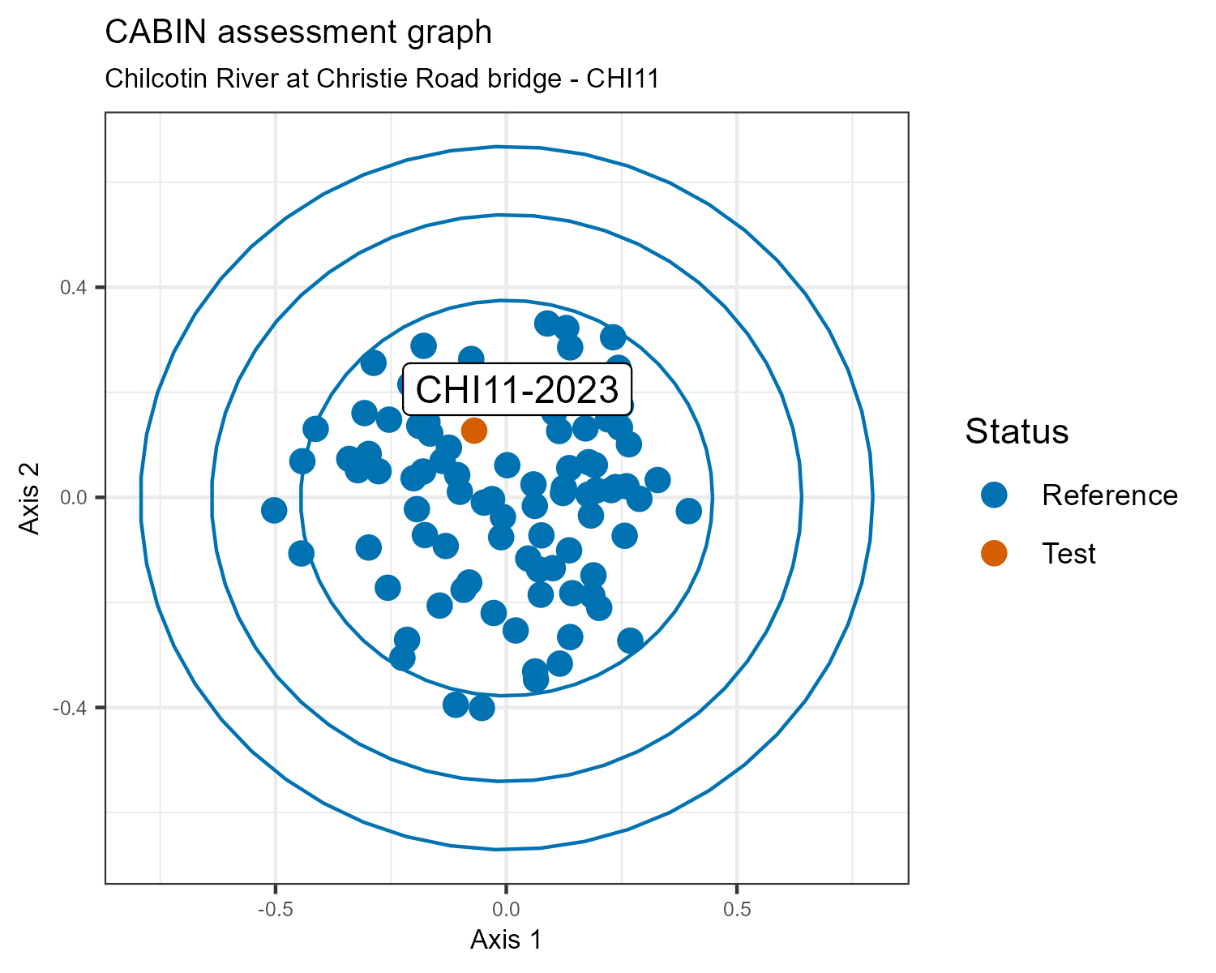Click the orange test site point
click(x=473, y=430)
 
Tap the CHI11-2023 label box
click(x=517, y=390)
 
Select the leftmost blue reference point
click(x=274, y=510)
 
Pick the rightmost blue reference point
click(x=688, y=511)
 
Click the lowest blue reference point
click(x=482, y=708)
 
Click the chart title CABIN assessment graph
click(x=298, y=32)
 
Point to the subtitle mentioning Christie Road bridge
click(x=381, y=79)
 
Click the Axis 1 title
click(x=506, y=940)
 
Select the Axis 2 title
click(x=29, y=497)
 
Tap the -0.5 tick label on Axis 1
click(x=275, y=910)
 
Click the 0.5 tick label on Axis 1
click(x=736, y=910)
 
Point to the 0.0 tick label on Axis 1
click(x=506, y=910)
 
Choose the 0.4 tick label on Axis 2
click(x=74, y=287)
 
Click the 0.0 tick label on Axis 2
click(x=74, y=497)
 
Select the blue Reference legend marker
click(x=993, y=495)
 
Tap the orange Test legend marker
click(x=993, y=553)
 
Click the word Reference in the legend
click(x=1109, y=495)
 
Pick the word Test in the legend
click(x=1068, y=553)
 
